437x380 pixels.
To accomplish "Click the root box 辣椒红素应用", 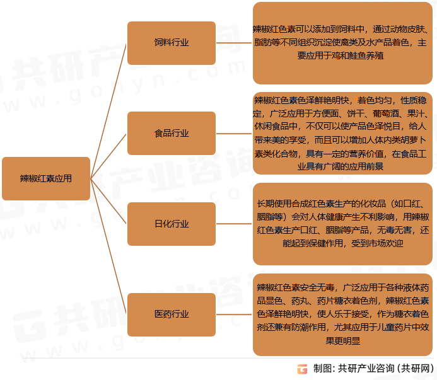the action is point(46,178).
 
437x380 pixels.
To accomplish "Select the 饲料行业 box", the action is point(172,43).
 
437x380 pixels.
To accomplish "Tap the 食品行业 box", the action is point(172,133).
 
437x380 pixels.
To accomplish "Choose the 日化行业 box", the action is point(172,224).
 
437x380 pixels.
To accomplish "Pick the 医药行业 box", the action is point(172,314).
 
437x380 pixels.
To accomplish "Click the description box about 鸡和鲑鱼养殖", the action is point(342,43).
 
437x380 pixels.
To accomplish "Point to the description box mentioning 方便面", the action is point(342,133).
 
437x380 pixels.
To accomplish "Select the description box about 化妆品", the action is point(342,224).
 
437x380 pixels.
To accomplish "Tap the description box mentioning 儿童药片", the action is point(342,314).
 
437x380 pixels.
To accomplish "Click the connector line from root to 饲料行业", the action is point(109,111).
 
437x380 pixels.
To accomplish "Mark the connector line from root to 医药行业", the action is point(109,246).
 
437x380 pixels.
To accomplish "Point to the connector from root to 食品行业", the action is point(109,156).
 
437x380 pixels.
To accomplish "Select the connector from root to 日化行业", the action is point(109,201).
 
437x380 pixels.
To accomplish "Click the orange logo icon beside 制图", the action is point(303,369).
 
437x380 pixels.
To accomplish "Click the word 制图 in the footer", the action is point(322,369).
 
